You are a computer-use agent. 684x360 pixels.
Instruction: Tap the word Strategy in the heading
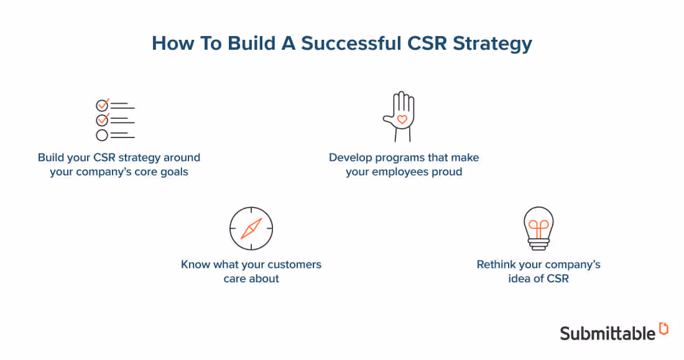(492, 44)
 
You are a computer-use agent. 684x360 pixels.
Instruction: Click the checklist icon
(115, 120)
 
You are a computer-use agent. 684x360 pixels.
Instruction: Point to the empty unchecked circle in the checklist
(102, 135)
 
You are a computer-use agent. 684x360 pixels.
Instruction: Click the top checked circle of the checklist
(102, 105)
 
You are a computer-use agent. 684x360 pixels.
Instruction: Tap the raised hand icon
(400, 117)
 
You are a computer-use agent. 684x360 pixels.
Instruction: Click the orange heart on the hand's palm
(402, 119)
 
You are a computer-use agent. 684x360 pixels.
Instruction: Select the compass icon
(251, 229)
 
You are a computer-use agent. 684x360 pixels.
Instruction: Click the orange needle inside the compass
(251, 229)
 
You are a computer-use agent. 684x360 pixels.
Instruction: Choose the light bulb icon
(538, 228)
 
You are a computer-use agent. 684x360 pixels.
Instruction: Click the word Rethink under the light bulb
(497, 264)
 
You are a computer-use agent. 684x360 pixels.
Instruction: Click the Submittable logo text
(608, 333)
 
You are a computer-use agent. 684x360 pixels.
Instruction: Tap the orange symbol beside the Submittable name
(663, 329)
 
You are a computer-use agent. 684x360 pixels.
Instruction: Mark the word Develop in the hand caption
(352, 157)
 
